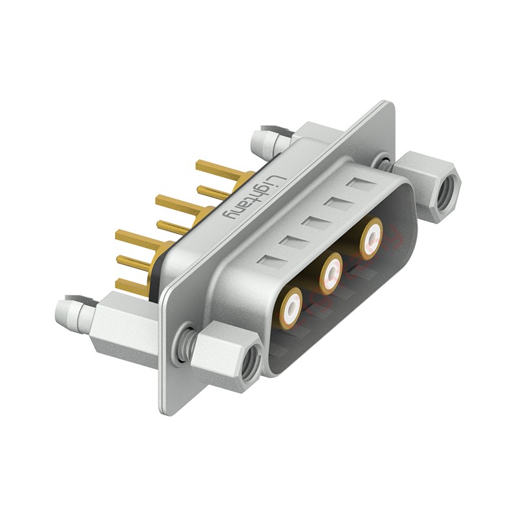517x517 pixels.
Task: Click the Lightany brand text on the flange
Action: click(x=253, y=197)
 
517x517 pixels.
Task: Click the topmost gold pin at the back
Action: click(x=220, y=172)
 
